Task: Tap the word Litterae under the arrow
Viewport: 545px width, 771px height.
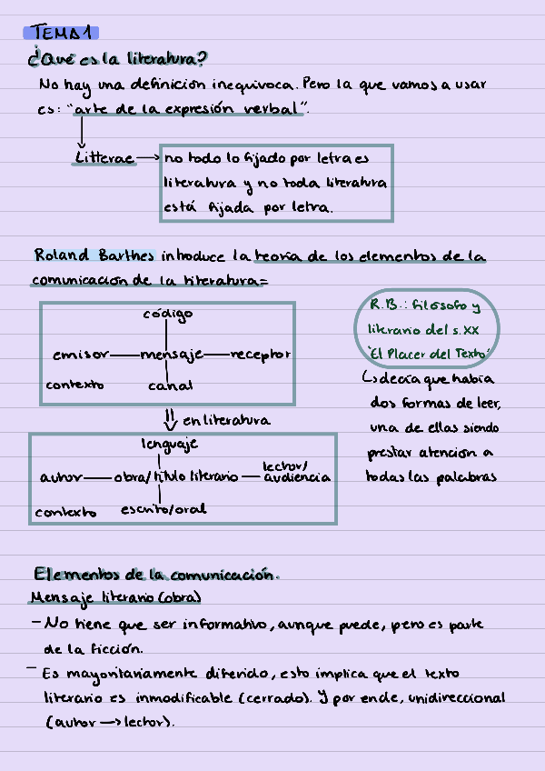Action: (x=104, y=158)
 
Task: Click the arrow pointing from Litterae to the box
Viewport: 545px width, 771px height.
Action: (x=148, y=158)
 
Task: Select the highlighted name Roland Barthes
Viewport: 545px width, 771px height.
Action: (x=94, y=255)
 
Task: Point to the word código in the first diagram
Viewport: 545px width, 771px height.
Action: (x=168, y=315)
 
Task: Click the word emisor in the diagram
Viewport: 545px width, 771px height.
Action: (x=81, y=354)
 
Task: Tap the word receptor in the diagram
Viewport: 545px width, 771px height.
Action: (x=261, y=354)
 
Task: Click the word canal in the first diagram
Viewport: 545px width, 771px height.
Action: (x=170, y=385)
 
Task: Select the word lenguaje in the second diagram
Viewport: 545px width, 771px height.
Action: (x=169, y=445)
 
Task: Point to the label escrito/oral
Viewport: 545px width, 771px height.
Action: (x=163, y=509)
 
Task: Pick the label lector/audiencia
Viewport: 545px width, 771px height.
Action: (x=296, y=471)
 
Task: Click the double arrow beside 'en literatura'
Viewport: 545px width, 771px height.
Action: (x=168, y=419)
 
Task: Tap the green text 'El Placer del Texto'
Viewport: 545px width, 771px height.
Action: (x=430, y=353)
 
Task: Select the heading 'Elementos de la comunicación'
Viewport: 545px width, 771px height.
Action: (x=154, y=575)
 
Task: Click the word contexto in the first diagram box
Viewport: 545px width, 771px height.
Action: (x=74, y=385)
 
